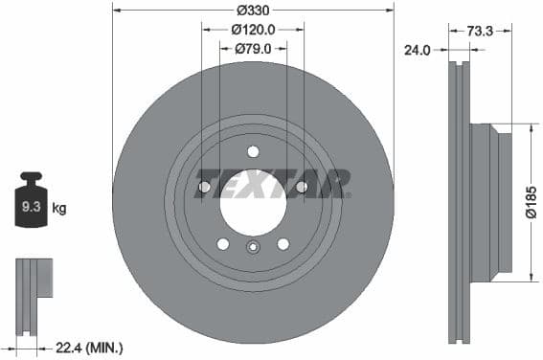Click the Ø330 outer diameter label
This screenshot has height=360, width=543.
(x=253, y=11)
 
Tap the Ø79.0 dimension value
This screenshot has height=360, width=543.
(x=254, y=48)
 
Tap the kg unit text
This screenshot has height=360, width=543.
(x=59, y=207)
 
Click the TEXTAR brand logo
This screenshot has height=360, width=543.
(x=272, y=182)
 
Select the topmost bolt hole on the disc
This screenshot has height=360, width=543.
(x=253, y=151)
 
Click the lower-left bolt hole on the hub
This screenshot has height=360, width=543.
(x=223, y=244)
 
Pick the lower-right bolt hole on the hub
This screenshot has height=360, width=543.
(x=283, y=244)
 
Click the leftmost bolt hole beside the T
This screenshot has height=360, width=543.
(x=204, y=187)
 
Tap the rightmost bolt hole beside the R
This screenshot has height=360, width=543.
(x=302, y=187)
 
